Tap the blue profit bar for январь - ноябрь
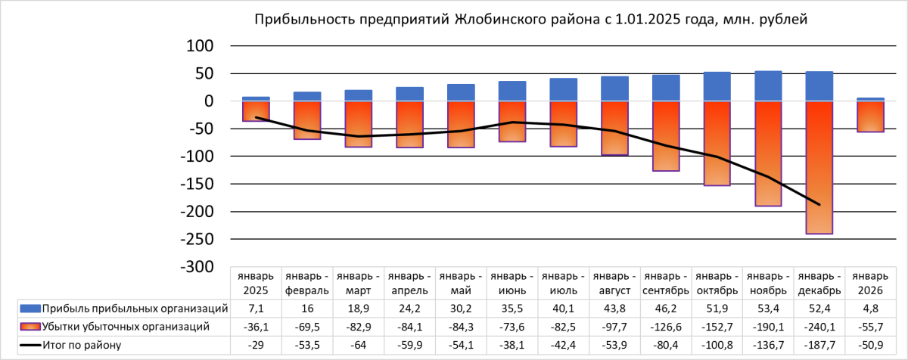(x=768, y=86)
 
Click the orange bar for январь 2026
(x=870, y=116)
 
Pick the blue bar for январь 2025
(x=256, y=99)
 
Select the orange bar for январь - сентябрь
(x=665, y=136)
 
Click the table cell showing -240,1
(x=819, y=327)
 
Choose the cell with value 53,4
(x=768, y=308)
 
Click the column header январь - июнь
(x=512, y=282)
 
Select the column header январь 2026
(x=870, y=282)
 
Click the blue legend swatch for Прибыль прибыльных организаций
(x=30, y=308)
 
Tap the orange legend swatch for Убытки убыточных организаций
(x=30, y=327)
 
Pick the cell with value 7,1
(x=256, y=308)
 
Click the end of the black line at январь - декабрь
(x=819, y=204)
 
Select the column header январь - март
(x=358, y=282)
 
